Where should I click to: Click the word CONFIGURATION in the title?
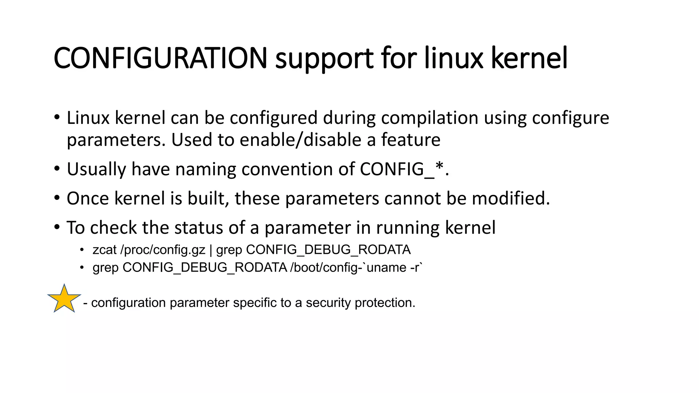tap(160, 58)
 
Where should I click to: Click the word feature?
tap(411, 140)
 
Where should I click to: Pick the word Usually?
tap(96, 170)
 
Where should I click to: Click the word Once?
tap(87, 199)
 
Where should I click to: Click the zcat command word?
tap(104, 250)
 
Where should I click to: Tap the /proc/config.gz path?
tap(163, 250)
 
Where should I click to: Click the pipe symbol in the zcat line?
tap(211, 250)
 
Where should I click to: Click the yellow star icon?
tap(64, 299)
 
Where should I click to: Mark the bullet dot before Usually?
tap(57, 169)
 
